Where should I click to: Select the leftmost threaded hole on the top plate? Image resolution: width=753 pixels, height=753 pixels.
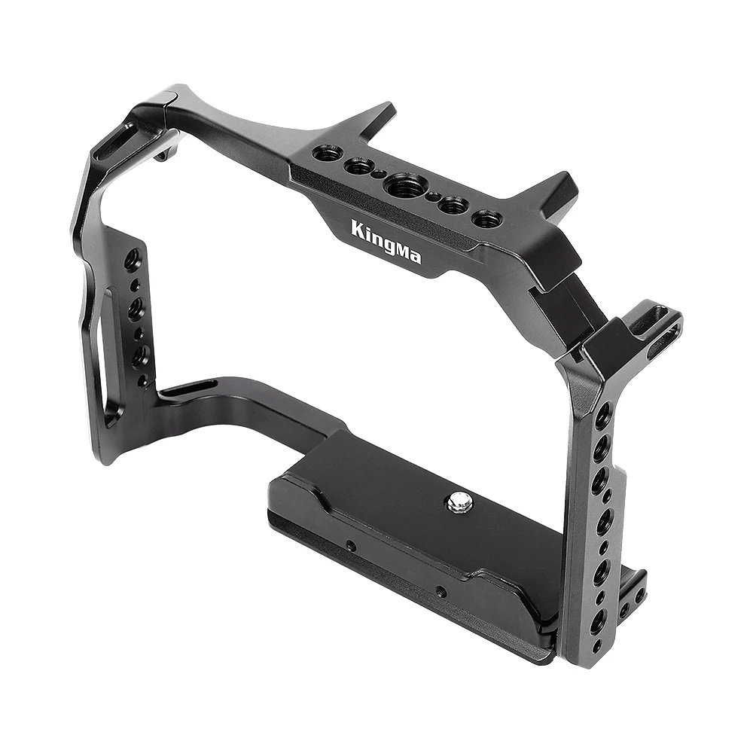pyautogui.click(x=328, y=154)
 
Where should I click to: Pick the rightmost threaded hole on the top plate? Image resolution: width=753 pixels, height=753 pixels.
pyautogui.click(x=487, y=219)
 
